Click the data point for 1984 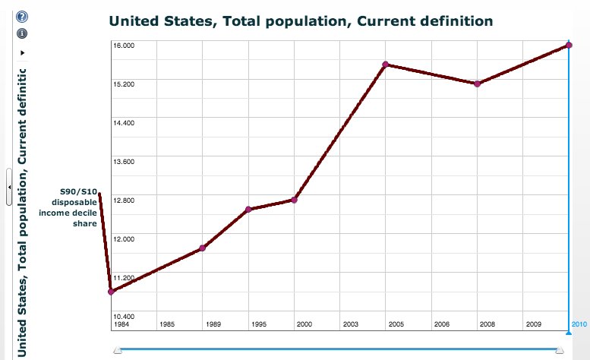(x=112, y=292)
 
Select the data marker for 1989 (x=202, y=248)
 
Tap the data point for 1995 (x=248, y=210)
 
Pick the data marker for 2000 (x=294, y=200)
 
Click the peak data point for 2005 (x=386, y=65)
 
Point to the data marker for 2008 (x=477, y=84)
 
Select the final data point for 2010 (x=569, y=46)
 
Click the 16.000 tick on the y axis (x=124, y=46)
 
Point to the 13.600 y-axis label (x=124, y=162)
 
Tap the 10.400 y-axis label (x=124, y=316)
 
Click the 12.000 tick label (x=124, y=238)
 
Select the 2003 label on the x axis (x=350, y=324)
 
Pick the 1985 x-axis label (x=167, y=324)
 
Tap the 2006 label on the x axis (x=442, y=324)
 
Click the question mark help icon (x=22, y=17)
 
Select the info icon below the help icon (x=22, y=33)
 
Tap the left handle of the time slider (x=118, y=350)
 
